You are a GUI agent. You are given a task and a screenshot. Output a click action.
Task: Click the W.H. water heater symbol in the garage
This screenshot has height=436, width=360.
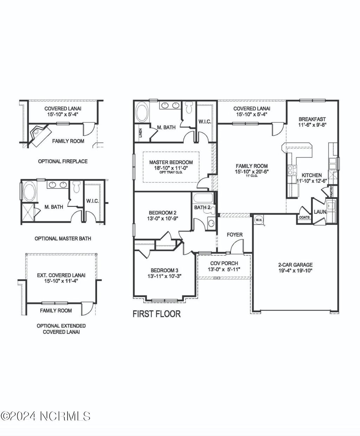click(259, 220)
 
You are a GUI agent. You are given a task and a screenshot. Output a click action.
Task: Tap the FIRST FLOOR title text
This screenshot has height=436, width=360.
click(156, 314)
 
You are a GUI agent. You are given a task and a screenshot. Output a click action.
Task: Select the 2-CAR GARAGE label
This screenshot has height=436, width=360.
click(295, 265)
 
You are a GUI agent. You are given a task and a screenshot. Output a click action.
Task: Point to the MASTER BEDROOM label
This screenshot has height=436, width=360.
click(171, 162)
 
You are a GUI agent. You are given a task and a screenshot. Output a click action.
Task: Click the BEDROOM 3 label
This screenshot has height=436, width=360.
click(164, 270)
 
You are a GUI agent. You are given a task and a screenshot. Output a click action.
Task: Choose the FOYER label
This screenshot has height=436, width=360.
click(234, 235)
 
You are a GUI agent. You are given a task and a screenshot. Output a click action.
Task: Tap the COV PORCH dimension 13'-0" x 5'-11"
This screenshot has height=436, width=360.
click(224, 269)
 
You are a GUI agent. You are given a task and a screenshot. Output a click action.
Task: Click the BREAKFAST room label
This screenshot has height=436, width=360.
click(312, 119)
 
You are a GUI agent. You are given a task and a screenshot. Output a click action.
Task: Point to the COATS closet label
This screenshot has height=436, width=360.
click(304, 217)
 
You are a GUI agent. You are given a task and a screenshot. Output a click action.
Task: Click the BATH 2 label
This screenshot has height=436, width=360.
click(202, 208)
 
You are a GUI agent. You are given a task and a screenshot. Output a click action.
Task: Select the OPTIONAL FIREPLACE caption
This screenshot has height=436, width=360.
click(63, 161)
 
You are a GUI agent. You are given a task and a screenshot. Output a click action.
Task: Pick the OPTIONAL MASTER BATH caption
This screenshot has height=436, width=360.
click(63, 239)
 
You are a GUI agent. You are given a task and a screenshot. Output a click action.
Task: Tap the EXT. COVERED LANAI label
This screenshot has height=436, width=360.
click(61, 275)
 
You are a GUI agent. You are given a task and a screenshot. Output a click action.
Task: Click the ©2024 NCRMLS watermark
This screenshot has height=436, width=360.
click(46, 416)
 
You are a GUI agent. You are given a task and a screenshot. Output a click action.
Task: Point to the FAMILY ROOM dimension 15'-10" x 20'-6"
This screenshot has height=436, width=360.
click(251, 171)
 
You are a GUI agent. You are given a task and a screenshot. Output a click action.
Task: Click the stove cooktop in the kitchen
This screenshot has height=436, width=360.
click(291, 170)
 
